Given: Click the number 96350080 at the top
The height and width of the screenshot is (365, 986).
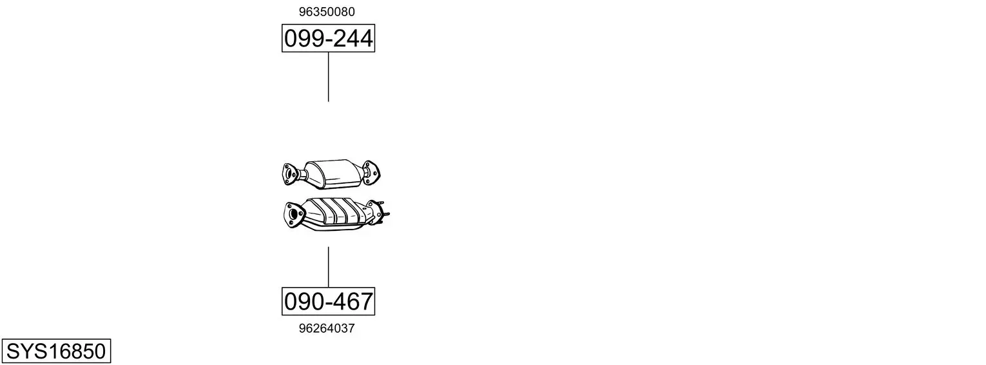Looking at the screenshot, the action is coord(327,12).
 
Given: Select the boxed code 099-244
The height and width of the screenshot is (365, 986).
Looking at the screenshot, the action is coord(329,38).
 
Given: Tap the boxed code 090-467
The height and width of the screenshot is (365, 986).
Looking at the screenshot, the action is coord(329,301).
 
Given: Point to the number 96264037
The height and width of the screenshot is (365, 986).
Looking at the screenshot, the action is coord(327,328).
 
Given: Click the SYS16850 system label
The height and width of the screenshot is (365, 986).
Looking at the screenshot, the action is coord(56,351).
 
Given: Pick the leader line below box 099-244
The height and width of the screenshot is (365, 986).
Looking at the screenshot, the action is coord(329,77).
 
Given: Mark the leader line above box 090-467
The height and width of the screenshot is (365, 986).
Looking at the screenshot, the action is coord(329,267).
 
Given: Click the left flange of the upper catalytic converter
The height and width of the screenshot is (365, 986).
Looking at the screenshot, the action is coord(289,174).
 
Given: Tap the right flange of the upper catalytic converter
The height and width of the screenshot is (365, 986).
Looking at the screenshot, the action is coord(371,173).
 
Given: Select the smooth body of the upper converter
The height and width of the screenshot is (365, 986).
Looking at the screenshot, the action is coord(333,173).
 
